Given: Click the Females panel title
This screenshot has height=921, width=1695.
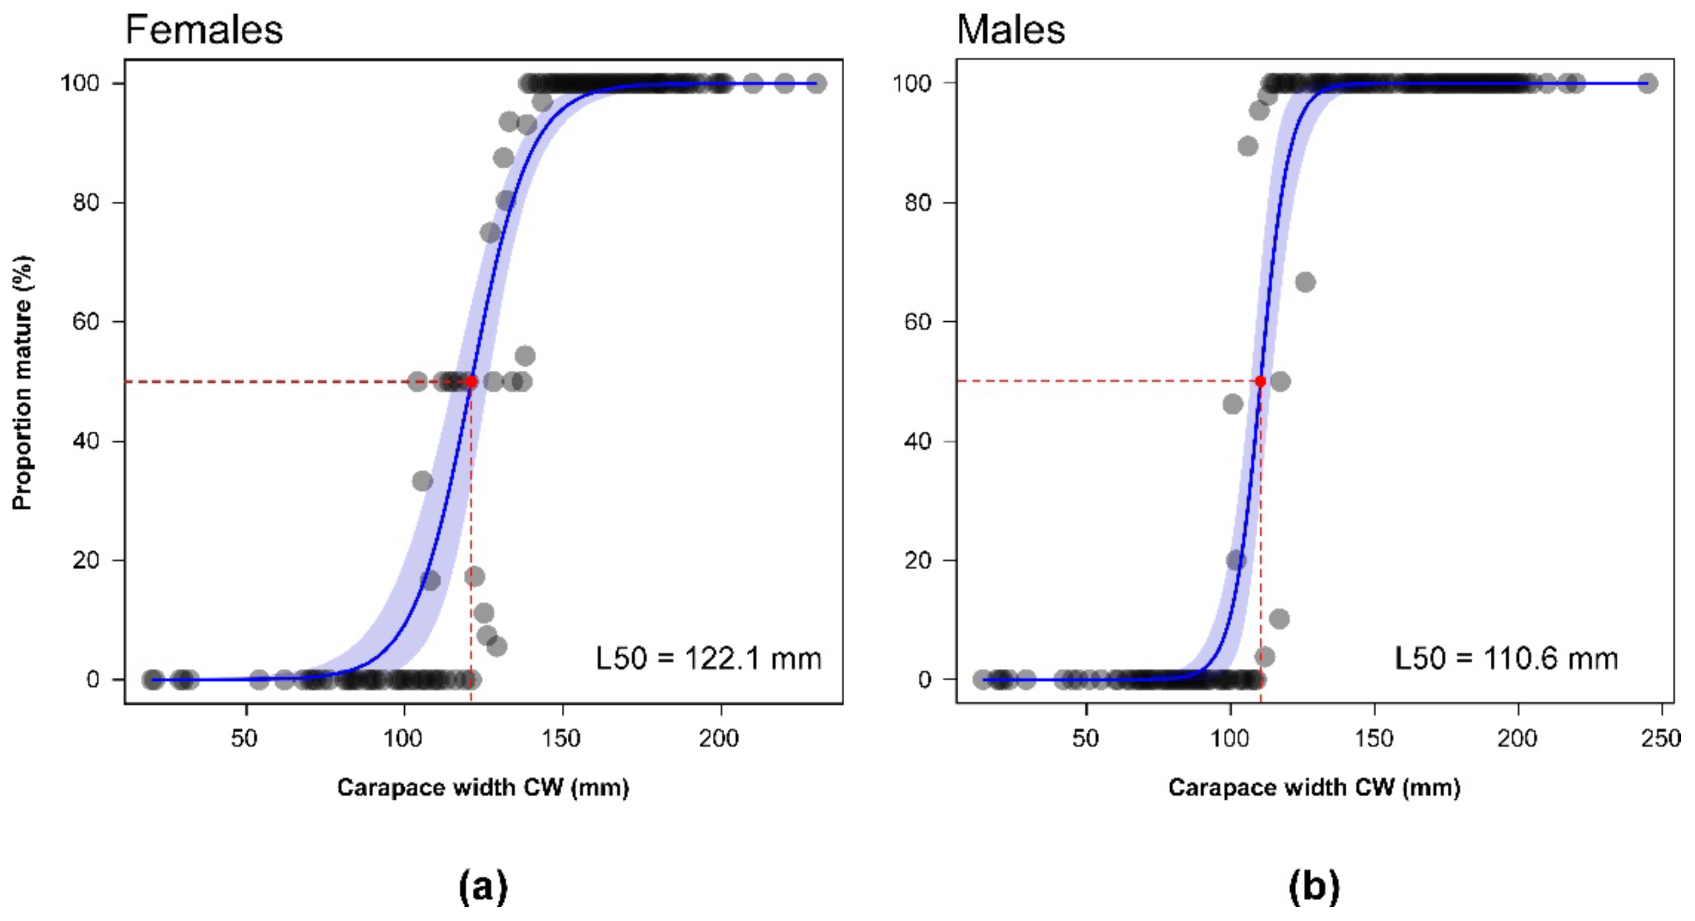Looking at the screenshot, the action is [204, 30].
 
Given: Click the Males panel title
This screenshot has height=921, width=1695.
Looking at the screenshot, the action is [1010, 30].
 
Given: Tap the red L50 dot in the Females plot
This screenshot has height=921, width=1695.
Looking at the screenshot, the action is [471, 381].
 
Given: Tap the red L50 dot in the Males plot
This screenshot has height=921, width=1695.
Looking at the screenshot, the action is [1260, 381].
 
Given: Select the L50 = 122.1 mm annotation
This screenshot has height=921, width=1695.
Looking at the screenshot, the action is [708, 658].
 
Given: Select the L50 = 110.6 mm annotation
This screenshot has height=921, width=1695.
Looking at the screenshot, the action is [1505, 658].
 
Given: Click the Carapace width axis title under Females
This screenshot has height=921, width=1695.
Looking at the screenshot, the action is [483, 787].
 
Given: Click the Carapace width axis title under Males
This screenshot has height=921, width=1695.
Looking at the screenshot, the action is [1314, 787].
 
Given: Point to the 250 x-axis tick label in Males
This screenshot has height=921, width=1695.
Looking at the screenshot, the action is [1660, 738].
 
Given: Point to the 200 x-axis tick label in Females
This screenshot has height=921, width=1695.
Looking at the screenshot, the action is [719, 738].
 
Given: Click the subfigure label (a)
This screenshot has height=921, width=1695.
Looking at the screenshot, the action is [483, 886].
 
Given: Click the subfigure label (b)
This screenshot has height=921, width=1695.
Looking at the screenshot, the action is [1314, 886].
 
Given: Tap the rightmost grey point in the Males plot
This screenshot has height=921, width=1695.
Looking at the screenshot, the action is [1647, 83].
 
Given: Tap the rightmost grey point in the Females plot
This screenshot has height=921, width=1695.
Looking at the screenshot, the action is [816, 84].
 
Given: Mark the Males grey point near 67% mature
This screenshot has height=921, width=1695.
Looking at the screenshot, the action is [1305, 282].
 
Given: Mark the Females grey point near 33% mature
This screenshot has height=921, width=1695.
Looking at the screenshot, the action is [423, 481].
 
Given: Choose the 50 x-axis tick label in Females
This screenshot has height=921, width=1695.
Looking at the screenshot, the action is [244, 738].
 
